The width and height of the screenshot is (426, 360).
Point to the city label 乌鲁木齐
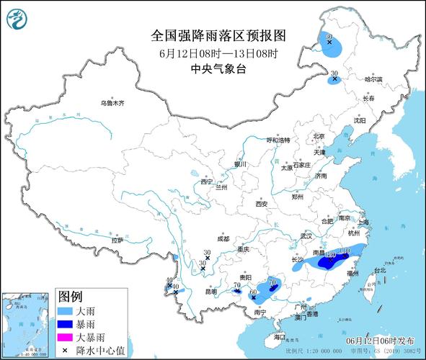click(x=112, y=103)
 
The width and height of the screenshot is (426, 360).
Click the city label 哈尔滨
click(x=372, y=79)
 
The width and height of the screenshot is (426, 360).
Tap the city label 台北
click(x=378, y=271)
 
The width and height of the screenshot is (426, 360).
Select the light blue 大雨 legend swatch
click(x=66, y=311)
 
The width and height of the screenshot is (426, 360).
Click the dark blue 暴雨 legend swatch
click(x=66, y=324)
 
